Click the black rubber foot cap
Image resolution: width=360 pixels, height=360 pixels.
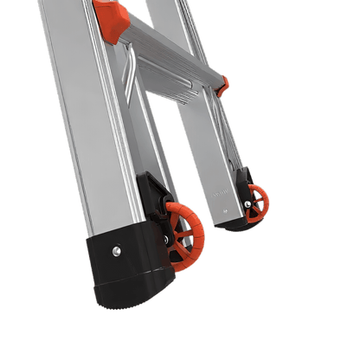[138, 286]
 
